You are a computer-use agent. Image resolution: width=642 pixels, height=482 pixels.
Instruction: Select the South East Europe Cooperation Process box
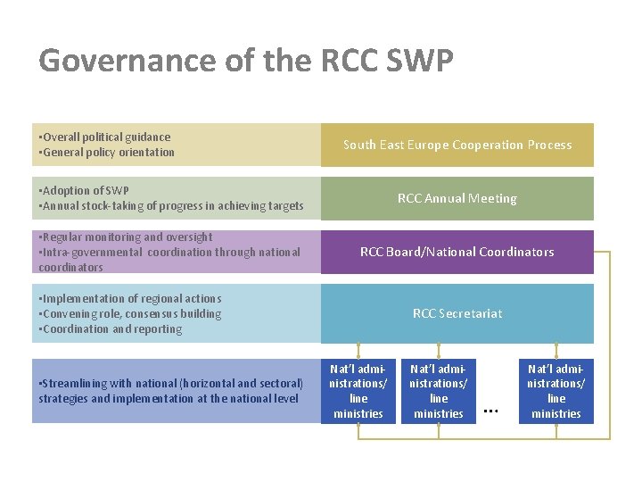[457, 145]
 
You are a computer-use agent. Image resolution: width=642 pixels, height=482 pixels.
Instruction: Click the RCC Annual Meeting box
[457, 198]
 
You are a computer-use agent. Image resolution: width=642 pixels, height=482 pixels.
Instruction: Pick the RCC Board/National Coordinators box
[457, 252]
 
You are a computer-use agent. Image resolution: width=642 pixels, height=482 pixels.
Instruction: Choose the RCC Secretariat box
[457, 313]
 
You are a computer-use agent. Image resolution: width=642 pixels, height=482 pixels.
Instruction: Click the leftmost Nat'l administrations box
[358, 391]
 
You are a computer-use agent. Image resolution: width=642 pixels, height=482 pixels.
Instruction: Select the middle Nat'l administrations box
[438, 391]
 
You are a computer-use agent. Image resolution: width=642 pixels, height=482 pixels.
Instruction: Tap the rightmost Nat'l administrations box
[556, 391]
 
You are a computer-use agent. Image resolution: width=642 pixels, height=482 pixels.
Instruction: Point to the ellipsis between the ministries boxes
[489, 410]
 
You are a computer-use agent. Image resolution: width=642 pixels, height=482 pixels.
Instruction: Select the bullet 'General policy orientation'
[109, 152]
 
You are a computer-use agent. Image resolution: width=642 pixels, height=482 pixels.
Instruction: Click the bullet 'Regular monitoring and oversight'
[128, 237]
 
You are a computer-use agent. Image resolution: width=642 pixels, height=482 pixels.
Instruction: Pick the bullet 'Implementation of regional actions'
[132, 298]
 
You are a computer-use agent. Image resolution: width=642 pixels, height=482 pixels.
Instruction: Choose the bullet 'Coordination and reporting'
[112, 328]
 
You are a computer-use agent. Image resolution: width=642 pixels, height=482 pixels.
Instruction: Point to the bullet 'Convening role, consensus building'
[132, 313]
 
